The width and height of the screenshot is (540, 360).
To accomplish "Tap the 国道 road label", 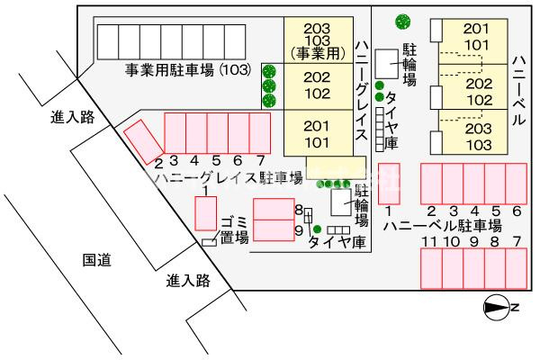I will [96, 260].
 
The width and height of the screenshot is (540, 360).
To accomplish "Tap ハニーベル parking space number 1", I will [389, 182].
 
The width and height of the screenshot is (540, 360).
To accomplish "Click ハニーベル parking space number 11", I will [431, 267].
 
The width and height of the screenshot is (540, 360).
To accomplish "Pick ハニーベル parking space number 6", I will [517, 183].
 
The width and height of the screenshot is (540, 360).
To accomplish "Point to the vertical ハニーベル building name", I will [517, 86].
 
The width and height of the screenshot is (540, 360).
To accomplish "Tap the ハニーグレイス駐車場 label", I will [228, 178].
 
